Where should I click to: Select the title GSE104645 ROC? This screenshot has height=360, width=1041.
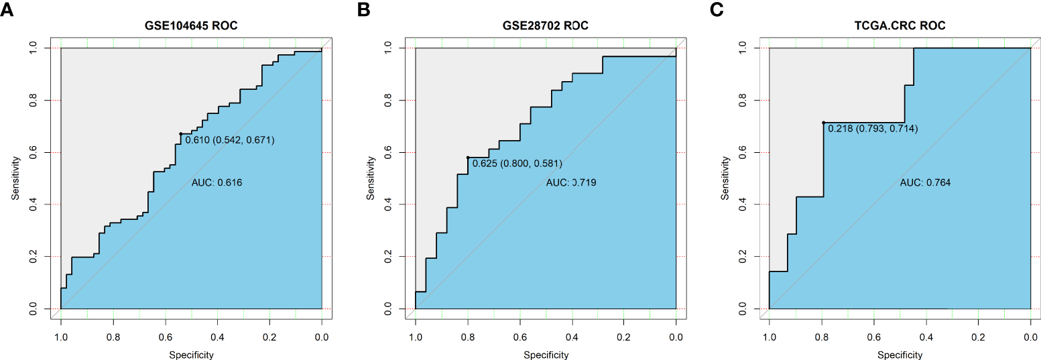191,27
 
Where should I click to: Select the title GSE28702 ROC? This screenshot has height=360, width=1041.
546,27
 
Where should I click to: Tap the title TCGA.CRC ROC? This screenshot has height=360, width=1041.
900,27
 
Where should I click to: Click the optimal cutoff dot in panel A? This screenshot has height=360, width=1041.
181,134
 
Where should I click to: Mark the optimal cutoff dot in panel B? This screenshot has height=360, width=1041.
468,158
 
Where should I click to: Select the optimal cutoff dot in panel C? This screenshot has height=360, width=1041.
823,123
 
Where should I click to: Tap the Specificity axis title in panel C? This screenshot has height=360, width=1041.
900,355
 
